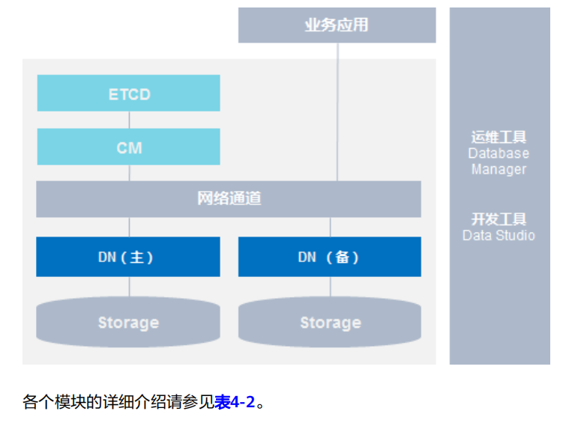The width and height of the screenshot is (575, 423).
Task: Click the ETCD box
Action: click(x=128, y=94)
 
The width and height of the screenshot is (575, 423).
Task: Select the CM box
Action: click(x=128, y=147)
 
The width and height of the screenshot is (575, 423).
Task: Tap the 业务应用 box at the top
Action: click(x=337, y=25)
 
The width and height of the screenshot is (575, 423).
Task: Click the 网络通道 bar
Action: click(x=229, y=199)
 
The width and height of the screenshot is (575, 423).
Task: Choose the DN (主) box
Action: click(x=128, y=257)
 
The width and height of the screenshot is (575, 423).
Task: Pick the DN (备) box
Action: click(x=329, y=257)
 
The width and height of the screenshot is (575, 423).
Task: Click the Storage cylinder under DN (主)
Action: click(x=128, y=323)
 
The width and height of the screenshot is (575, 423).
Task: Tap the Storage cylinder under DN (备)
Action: click(x=329, y=323)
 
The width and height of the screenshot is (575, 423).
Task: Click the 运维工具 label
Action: click(x=499, y=137)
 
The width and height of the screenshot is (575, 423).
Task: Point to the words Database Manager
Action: click(x=499, y=161)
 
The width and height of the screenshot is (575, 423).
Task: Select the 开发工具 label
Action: click(x=499, y=219)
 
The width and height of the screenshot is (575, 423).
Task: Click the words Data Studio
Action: click(x=499, y=236)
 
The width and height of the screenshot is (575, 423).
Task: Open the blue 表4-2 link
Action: click(x=235, y=403)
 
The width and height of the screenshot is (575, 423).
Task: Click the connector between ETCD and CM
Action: click(x=129, y=120)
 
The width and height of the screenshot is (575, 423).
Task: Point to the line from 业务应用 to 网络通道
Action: click(x=337, y=112)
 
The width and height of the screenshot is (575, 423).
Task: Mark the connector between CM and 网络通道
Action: click(x=129, y=173)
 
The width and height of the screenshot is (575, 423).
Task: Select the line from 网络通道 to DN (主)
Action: click(x=129, y=228)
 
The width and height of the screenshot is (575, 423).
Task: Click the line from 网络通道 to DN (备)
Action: click(x=330, y=228)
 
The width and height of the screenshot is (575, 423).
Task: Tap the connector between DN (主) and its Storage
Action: click(x=129, y=287)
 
